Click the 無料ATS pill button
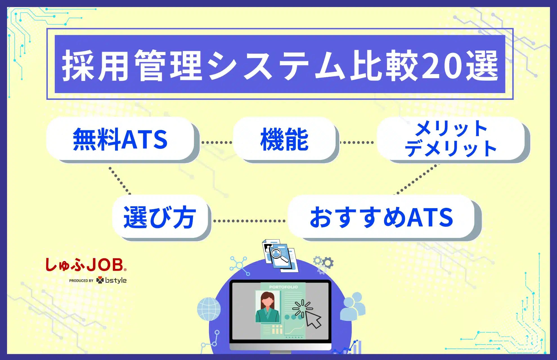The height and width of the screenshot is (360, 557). click(x=121, y=139)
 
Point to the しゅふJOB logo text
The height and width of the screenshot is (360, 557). click(x=86, y=265)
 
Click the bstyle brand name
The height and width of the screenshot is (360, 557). click(x=116, y=280)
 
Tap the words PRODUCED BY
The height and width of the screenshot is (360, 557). click(x=81, y=281)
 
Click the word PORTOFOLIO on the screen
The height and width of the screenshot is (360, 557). click(x=283, y=287)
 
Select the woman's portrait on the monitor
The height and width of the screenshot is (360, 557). click(x=268, y=307)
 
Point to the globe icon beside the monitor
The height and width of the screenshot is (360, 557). click(x=209, y=309)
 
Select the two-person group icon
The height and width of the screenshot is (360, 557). click(x=353, y=306)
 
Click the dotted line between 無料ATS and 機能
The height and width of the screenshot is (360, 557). click(x=217, y=143)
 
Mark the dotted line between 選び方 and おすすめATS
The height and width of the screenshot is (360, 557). click(x=249, y=221)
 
